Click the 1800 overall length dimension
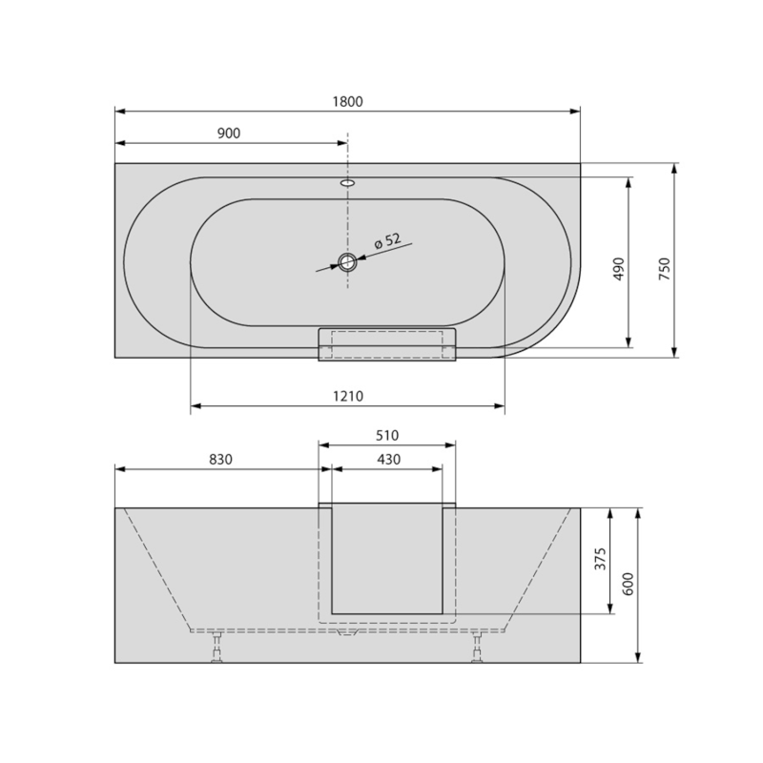348,102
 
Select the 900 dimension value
228,134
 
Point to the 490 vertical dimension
618,268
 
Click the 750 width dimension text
665,268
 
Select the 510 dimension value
386,435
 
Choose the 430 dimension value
386,459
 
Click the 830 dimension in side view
221,459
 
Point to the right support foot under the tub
476,649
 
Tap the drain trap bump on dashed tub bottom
348,634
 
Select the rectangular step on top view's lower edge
386,344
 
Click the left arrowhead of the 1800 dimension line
119,111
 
